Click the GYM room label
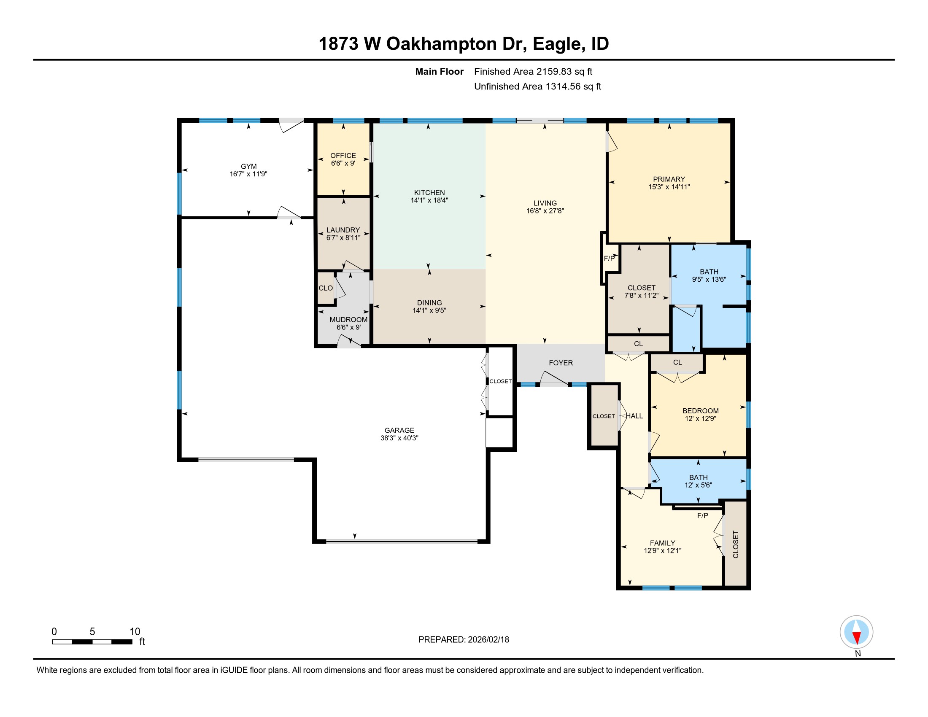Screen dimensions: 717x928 click(x=248, y=167)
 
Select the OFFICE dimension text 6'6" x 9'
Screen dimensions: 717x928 click(x=343, y=163)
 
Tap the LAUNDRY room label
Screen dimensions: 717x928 click(x=343, y=230)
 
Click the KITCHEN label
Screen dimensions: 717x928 click(x=429, y=192)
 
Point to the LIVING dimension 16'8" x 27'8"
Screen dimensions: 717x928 click(x=545, y=211)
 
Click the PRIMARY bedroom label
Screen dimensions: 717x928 click(x=669, y=179)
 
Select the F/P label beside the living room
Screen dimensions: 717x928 click(x=609, y=258)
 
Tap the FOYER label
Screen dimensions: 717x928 click(x=561, y=363)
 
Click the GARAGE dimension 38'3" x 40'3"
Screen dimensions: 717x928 click(x=399, y=438)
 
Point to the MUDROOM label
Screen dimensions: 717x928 click(x=348, y=319)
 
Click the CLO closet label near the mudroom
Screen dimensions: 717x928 click(x=326, y=288)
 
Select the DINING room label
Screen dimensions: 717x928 click(x=429, y=302)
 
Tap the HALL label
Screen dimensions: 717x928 click(x=634, y=416)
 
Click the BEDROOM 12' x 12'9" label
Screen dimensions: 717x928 click(x=700, y=411)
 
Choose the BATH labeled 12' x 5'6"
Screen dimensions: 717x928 click(x=698, y=481)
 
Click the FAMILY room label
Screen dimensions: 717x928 click(x=662, y=543)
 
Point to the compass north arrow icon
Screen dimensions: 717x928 click(x=856, y=632)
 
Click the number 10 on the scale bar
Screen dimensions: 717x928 click(x=135, y=631)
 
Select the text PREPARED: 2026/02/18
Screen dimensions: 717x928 click(x=464, y=639)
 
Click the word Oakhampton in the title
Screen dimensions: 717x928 click(x=441, y=44)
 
